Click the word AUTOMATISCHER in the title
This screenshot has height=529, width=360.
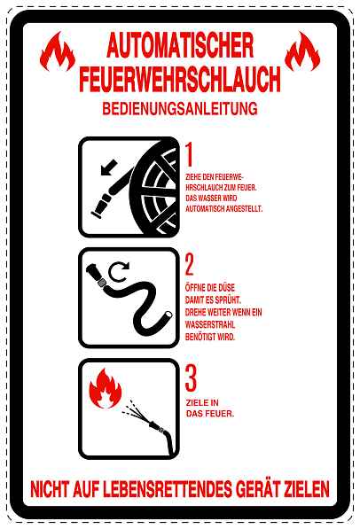180,45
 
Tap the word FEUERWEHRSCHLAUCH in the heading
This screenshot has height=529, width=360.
180,79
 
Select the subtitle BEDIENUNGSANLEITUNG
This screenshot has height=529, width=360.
180,110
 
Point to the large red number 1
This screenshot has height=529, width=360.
190,155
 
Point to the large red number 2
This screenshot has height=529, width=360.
190,265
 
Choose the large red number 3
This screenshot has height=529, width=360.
191,378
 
